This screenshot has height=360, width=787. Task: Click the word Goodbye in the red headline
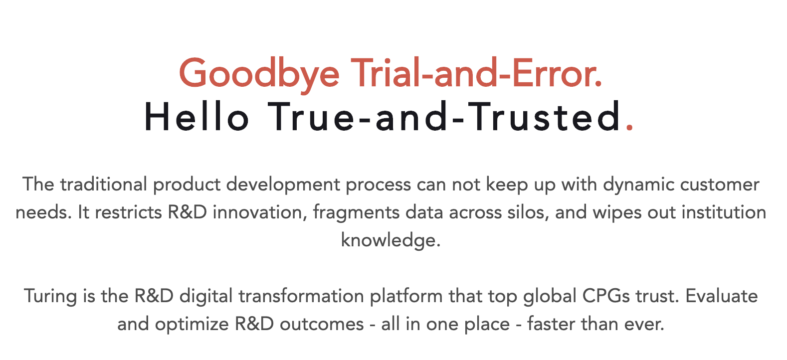(x=259, y=74)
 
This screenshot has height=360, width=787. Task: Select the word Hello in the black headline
(x=197, y=117)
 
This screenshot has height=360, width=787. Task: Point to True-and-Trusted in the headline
(x=444, y=117)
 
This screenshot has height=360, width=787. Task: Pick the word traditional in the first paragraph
(x=104, y=184)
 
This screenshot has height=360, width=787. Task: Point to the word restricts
(x=128, y=212)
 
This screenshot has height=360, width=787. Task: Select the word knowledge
(x=391, y=241)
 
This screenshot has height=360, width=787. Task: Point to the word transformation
(x=301, y=296)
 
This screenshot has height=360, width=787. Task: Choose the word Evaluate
(x=721, y=296)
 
